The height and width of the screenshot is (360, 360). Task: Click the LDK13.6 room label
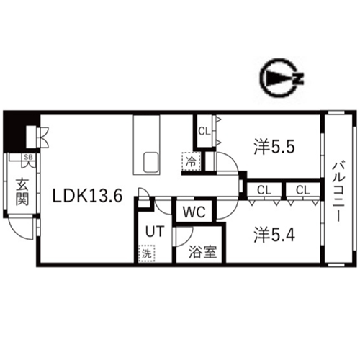87,196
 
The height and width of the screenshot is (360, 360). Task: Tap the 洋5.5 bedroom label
274,147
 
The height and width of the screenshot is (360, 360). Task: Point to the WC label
194,212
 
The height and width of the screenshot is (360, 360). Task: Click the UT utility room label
155,231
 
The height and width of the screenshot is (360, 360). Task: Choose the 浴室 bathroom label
203,252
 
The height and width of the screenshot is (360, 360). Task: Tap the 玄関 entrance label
22,192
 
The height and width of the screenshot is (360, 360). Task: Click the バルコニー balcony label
338,192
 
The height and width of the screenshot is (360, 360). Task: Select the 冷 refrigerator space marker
191,161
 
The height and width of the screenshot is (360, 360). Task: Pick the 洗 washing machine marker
146,253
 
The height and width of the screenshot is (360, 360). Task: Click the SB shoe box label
28,157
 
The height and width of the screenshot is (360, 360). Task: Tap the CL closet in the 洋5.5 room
204,132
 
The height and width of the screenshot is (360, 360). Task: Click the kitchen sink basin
151,162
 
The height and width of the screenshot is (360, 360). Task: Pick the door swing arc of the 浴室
189,240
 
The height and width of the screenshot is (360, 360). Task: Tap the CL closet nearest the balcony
303,190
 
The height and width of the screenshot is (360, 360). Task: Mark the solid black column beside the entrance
15,132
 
